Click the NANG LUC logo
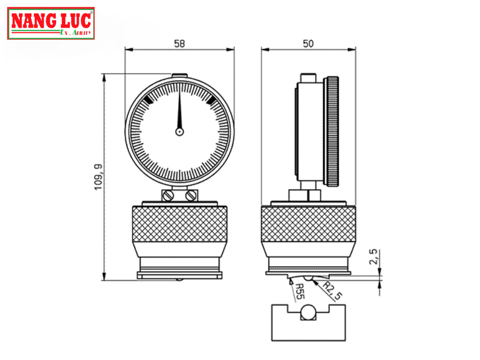click(51, 23)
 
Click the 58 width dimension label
click(180, 44)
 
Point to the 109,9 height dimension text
click(99, 177)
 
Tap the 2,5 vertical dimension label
click(373, 257)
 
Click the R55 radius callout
click(300, 292)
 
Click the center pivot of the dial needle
click(180, 131)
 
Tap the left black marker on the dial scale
click(148, 100)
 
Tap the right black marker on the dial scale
click(211, 100)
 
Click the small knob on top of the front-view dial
click(180, 75)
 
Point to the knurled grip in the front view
click(180, 224)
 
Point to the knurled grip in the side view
click(308, 224)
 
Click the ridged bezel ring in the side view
click(333, 131)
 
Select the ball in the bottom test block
click(308, 312)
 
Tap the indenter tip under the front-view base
click(180, 280)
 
